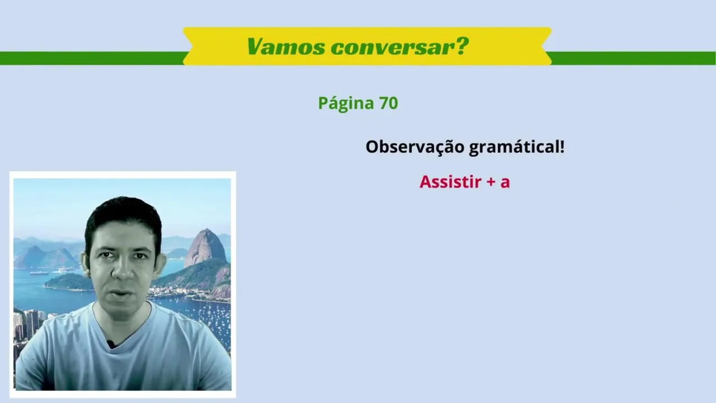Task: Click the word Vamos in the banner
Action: click(285, 46)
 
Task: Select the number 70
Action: click(388, 103)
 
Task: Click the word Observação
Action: click(415, 147)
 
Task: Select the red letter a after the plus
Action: click(505, 183)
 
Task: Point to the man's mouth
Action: click(121, 293)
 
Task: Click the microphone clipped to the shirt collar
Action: click(111, 344)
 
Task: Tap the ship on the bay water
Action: click(39, 273)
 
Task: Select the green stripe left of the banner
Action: click(92, 58)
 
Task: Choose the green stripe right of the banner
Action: click(633, 58)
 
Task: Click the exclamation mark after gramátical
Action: click(562, 147)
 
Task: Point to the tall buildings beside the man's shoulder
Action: click(31, 325)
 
